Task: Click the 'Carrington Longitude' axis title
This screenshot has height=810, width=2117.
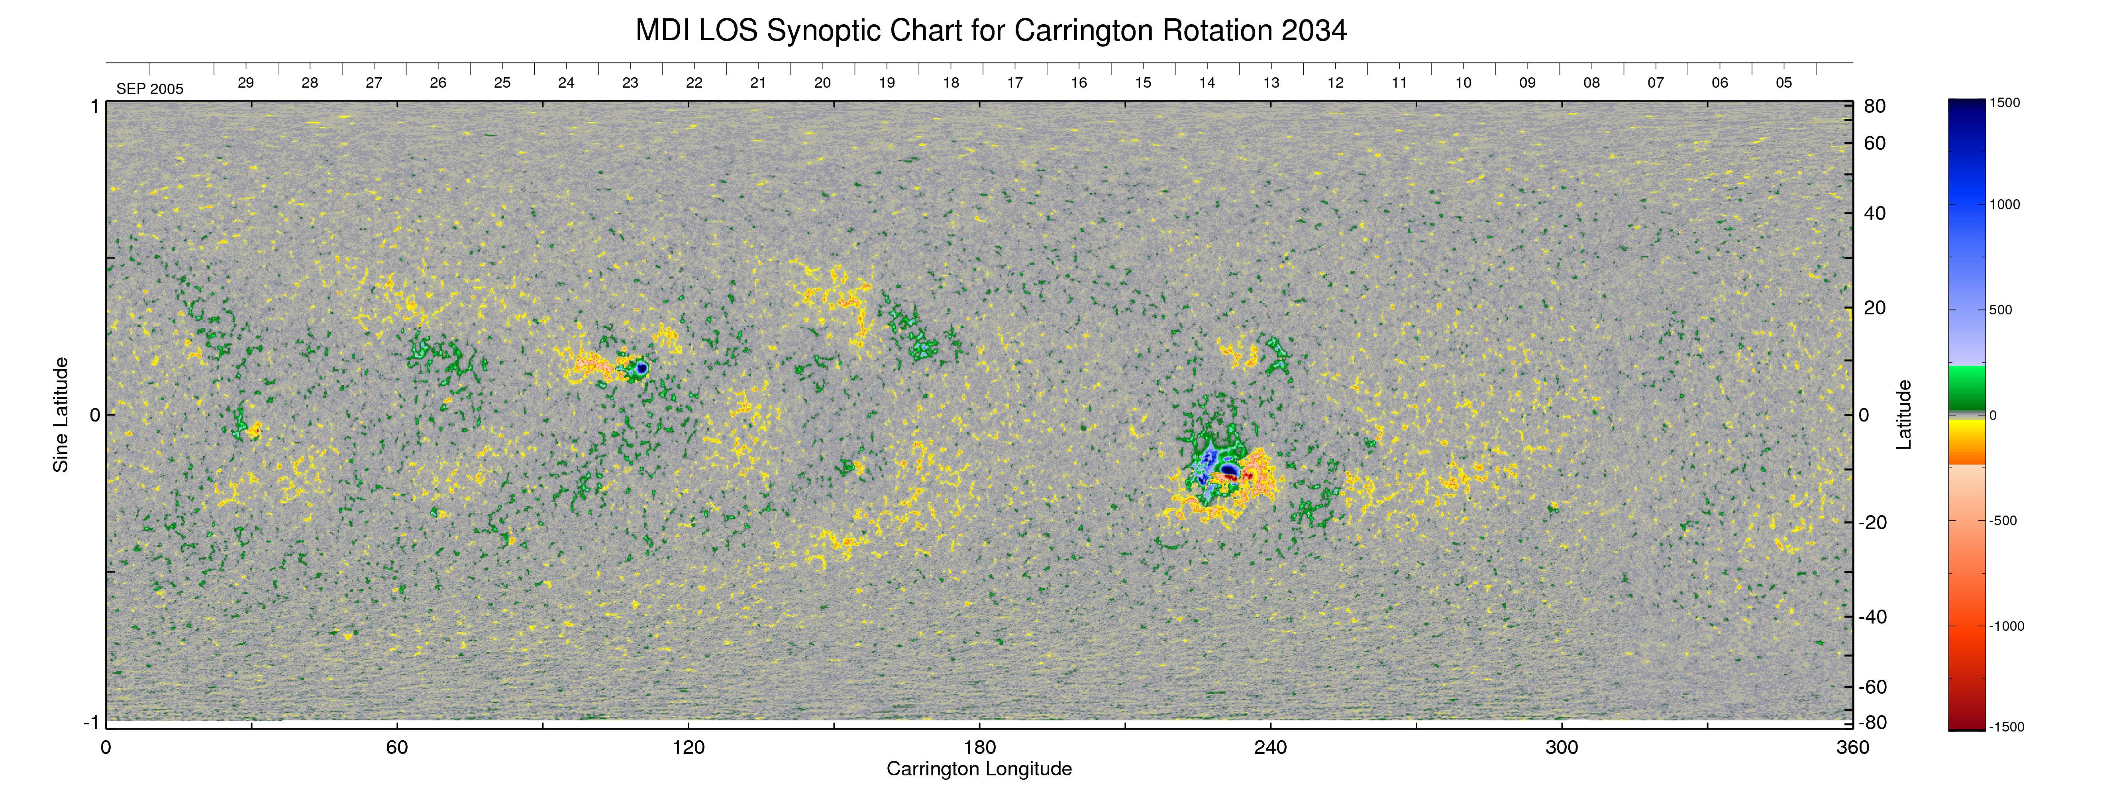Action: [979, 769]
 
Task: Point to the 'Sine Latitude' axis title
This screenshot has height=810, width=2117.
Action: [61, 415]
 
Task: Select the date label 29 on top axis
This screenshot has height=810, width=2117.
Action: [246, 83]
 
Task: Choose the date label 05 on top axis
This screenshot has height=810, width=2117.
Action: [1783, 83]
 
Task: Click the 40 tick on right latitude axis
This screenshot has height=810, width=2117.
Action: [1875, 214]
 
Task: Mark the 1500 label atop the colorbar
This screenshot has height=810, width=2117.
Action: [2004, 103]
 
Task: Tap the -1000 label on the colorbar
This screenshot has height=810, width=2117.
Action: [2006, 626]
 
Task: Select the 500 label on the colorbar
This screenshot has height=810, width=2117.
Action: [2000, 310]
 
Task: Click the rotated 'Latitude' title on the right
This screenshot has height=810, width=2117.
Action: [1903, 415]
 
